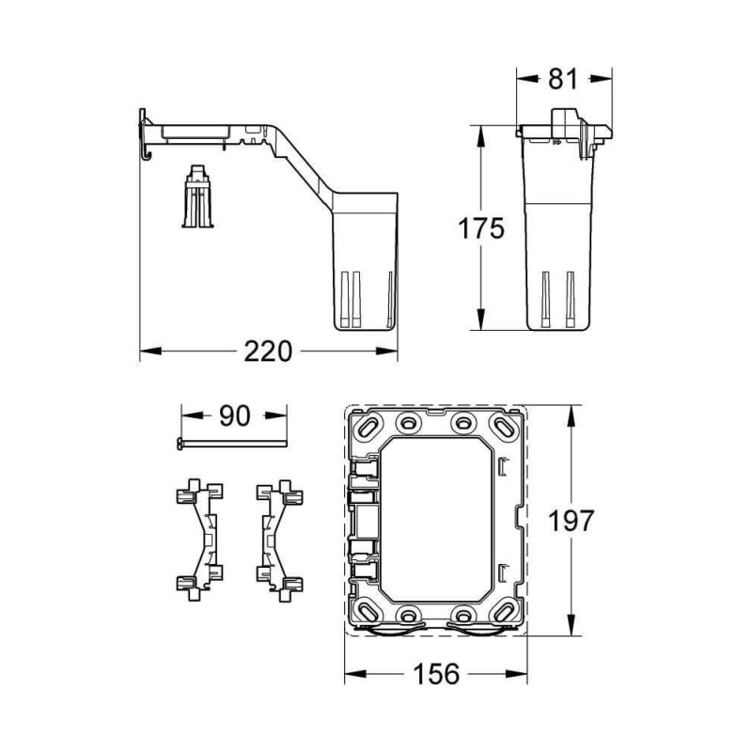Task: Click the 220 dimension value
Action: coord(269,352)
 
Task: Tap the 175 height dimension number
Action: coord(480,227)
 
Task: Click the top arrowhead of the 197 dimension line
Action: coord(572,411)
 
